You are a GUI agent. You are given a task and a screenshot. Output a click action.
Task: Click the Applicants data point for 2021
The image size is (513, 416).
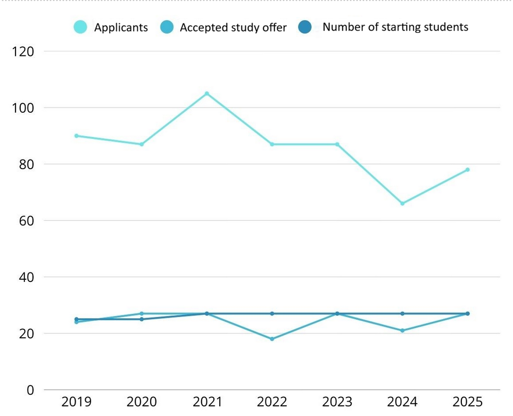click(207, 94)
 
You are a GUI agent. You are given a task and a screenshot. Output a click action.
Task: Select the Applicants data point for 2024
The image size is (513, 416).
click(402, 203)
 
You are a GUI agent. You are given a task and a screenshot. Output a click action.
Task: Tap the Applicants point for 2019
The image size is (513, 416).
click(77, 136)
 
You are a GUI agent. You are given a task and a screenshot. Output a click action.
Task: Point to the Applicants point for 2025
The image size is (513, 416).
click(468, 170)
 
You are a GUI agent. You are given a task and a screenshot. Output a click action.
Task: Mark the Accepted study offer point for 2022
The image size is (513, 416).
click(272, 339)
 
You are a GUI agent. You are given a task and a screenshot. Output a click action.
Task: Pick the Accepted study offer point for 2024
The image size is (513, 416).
click(402, 330)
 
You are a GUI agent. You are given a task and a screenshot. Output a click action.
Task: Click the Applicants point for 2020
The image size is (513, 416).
click(142, 144)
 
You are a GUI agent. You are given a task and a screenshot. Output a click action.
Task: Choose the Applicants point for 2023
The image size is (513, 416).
click(337, 144)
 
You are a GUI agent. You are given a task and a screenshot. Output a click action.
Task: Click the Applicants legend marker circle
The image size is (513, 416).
click(81, 27)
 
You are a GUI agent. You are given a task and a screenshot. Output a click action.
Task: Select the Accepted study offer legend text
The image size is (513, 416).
click(233, 27)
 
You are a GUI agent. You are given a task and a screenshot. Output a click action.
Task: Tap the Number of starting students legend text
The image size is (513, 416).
click(395, 27)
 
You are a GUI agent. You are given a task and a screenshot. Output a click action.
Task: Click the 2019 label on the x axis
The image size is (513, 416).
click(77, 402)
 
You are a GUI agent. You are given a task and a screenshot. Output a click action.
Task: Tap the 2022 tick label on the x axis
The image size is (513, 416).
click(272, 402)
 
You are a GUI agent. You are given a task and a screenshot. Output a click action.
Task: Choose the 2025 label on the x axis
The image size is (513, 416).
click(468, 402)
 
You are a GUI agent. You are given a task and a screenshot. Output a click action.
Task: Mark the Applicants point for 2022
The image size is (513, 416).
click(272, 144)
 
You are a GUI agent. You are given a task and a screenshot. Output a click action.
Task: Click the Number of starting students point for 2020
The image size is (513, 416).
click(142, 319)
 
